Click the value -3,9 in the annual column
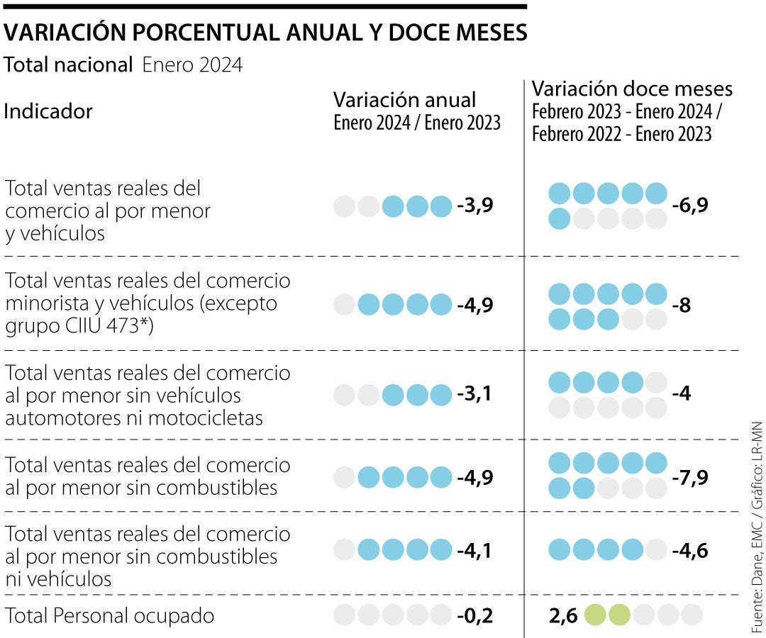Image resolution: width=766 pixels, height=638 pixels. tap(474, 206)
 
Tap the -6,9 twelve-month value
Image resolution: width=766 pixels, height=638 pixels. tap(690, 206)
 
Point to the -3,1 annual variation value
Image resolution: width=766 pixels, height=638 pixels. tap(474, 394)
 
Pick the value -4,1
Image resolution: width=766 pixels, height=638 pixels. tap(474, 549)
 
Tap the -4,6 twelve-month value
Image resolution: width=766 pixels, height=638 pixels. tap(690, 549)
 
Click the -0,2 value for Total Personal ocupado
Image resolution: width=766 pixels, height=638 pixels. tap(474, 615)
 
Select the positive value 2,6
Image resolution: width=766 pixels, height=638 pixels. tap(563, 615)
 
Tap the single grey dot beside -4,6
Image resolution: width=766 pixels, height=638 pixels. tap(655, 549)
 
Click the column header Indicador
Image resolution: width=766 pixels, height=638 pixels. tap(48, 111)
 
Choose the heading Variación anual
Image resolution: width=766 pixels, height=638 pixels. tap(404, 99)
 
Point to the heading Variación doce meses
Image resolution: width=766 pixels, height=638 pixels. tap(632, 89)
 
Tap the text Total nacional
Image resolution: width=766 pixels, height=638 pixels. tap(68, 65)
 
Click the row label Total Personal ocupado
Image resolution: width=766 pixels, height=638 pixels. tap(109, 615)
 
